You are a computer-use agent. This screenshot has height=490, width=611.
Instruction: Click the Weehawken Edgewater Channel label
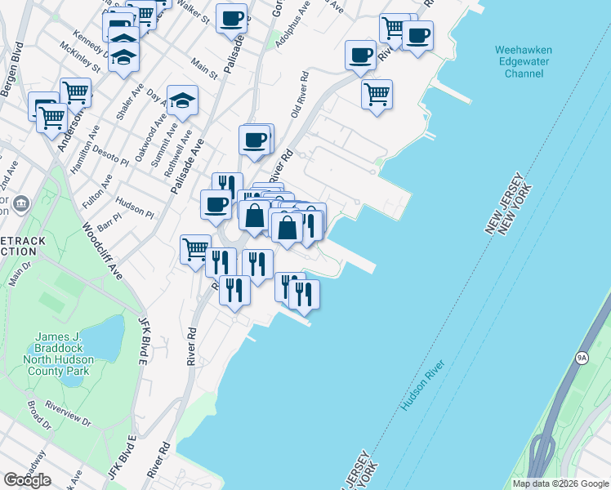pos(524,62)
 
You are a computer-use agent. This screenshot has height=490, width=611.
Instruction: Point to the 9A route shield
pos(582,358)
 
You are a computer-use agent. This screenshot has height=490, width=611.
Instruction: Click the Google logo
pos(28,480)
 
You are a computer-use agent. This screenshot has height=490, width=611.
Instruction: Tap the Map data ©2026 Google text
pos(560,483)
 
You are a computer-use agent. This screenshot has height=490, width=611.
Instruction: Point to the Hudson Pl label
pos(135,207)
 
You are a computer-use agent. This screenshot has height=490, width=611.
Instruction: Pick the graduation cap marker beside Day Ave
pos(183,101)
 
